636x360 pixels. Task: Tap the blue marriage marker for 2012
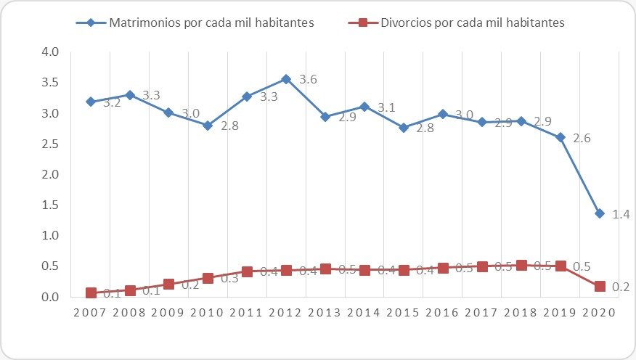click(x=286, y=78)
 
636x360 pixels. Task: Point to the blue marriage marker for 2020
click(x=600, y=213)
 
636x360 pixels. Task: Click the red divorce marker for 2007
click(x=91, y=292)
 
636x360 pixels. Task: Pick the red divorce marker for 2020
click(x=600, y=287)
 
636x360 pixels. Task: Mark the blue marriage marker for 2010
click(x=208, y=126)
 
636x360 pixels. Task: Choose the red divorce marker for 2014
click(x=364, y=270)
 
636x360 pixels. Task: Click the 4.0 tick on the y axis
click(x=50, y=52)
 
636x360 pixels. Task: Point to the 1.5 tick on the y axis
click(x=50, y=205)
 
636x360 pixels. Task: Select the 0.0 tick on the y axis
click(x=50, y=297)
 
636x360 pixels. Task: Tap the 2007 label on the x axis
click(x=91, y=313)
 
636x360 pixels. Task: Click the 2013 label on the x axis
click(x=325, y=313)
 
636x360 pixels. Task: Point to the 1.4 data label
click(x=620, y=216)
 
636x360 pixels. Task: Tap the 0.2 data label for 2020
click(x=620, y=288)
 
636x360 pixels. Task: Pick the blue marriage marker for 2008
click(x=130, y=95)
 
